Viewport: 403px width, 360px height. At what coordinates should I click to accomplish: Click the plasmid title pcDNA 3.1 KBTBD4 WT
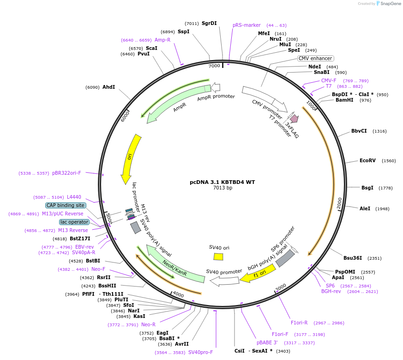point(223,182)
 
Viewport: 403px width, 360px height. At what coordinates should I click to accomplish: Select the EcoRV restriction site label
point(367,161)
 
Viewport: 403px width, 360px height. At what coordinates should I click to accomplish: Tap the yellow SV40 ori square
point(218,256)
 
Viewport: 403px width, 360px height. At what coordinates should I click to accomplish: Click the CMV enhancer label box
point(315,59)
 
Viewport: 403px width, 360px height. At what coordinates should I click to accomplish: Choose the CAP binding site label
point(65,205)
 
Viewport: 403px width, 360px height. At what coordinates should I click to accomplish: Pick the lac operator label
point(74,222)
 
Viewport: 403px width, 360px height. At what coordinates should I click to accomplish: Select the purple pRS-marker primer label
point(247,25)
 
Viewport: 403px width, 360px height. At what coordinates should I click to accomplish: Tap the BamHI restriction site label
point(344,100)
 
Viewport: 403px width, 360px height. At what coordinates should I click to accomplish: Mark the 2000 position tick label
point(339,204)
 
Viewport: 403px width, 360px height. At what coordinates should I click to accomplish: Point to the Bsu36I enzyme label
point(353,258)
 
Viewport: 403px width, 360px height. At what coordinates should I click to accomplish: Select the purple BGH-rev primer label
point(331,291)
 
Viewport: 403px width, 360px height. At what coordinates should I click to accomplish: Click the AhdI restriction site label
point(108,87)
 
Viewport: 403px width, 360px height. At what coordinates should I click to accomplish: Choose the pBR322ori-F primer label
point(66,173)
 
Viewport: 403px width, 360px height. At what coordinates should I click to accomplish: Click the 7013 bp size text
point(223,188)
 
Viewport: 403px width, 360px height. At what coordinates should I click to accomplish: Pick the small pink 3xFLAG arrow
point(293,118)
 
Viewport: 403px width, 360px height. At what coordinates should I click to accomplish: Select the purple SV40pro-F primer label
point(201,352)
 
